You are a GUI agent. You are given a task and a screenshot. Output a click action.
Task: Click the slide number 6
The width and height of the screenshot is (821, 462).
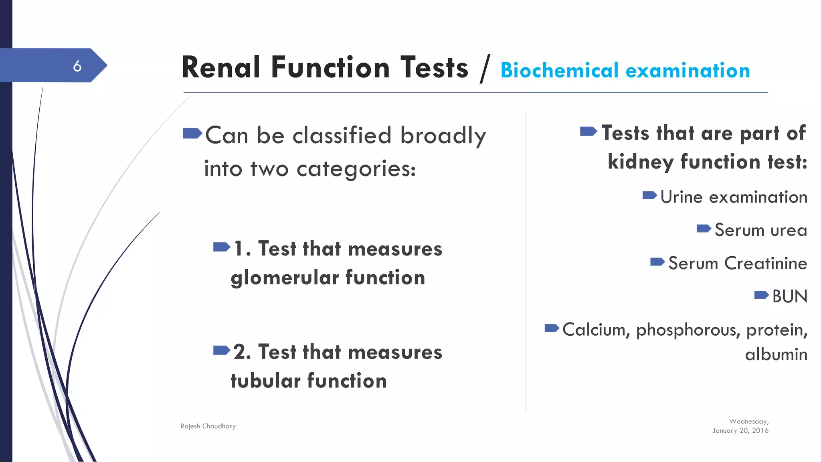pos(77,66)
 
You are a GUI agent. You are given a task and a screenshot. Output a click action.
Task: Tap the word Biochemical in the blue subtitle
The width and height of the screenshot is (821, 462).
pos(560,71)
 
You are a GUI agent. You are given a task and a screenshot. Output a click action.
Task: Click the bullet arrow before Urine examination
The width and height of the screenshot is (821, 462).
pos(649,196)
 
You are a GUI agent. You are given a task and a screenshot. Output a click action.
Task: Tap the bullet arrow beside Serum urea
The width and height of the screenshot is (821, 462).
pos(704,229)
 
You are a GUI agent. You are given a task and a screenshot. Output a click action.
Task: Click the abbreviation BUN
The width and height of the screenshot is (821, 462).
pos(789,296)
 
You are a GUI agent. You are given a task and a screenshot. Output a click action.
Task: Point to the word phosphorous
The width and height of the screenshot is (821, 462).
pos(688,330)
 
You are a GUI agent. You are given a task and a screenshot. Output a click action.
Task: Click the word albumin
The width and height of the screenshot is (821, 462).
pos(776,355)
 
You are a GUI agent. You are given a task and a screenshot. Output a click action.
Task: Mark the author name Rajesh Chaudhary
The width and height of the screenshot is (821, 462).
pos(208,426)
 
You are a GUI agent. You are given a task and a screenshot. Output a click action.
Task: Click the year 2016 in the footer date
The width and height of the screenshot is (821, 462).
pos(760,430)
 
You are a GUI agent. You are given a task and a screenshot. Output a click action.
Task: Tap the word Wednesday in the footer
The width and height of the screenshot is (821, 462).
pos(748,421)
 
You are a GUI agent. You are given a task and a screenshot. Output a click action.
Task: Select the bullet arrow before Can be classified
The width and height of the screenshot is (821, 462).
pos(192,133)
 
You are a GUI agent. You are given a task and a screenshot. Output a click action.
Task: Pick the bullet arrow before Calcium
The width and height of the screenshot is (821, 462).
pos(552,328)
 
